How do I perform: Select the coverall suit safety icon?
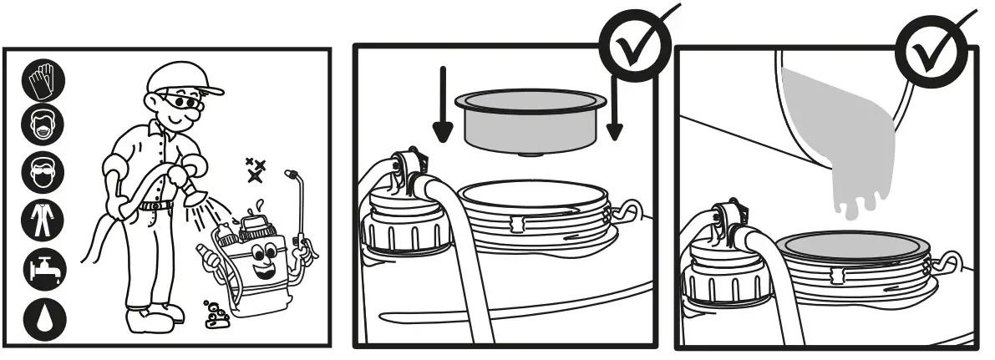coord(42,219)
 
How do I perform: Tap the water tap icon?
coord(42,266)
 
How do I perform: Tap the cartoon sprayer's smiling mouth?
coord(265,270)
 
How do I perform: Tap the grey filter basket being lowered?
coord(529,122)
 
